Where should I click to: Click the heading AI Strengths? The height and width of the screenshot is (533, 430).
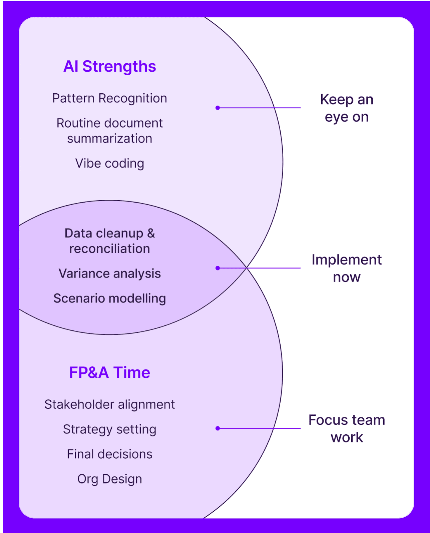[109, 67]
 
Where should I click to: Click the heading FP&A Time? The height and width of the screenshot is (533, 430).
[109, 372]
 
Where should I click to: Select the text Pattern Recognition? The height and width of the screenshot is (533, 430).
[109, 98]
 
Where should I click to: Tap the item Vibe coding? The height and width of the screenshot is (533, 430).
[109, 164]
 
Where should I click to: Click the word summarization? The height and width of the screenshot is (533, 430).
[109, 139]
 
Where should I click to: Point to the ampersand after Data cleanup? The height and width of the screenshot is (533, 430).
[151, 233]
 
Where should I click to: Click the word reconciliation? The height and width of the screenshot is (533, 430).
[109, 249]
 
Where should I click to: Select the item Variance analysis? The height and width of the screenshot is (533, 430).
[109, 273]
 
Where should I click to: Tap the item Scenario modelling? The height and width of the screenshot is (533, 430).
[109, 298]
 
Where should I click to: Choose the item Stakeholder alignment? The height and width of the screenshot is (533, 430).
[109, 404]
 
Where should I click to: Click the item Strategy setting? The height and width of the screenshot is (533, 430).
[109, 429]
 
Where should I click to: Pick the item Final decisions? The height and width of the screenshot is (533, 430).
[109, 454]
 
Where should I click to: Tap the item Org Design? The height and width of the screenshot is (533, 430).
[109, 479]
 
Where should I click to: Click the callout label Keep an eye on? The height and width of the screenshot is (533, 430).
[347, 108]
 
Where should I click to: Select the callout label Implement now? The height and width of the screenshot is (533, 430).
[347, 268]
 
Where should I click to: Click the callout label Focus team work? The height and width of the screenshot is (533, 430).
[347, 428]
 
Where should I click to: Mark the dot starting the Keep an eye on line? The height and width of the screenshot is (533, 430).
[218, 108]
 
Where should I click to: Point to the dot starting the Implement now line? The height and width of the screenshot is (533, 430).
[218, 268]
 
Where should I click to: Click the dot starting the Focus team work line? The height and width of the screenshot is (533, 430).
[218, 428]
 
